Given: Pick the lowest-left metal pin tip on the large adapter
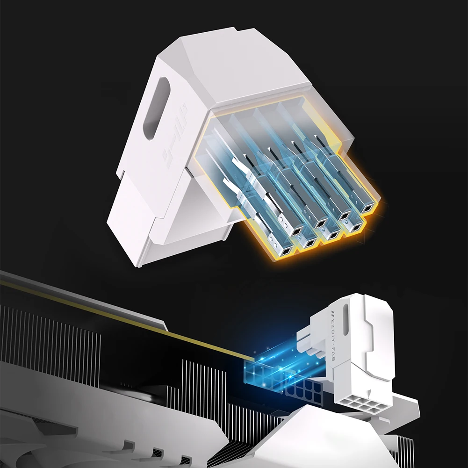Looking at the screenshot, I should point(283,252).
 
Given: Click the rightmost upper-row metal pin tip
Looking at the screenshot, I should point(369,209).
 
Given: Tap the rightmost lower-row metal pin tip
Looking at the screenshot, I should point(356,228).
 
